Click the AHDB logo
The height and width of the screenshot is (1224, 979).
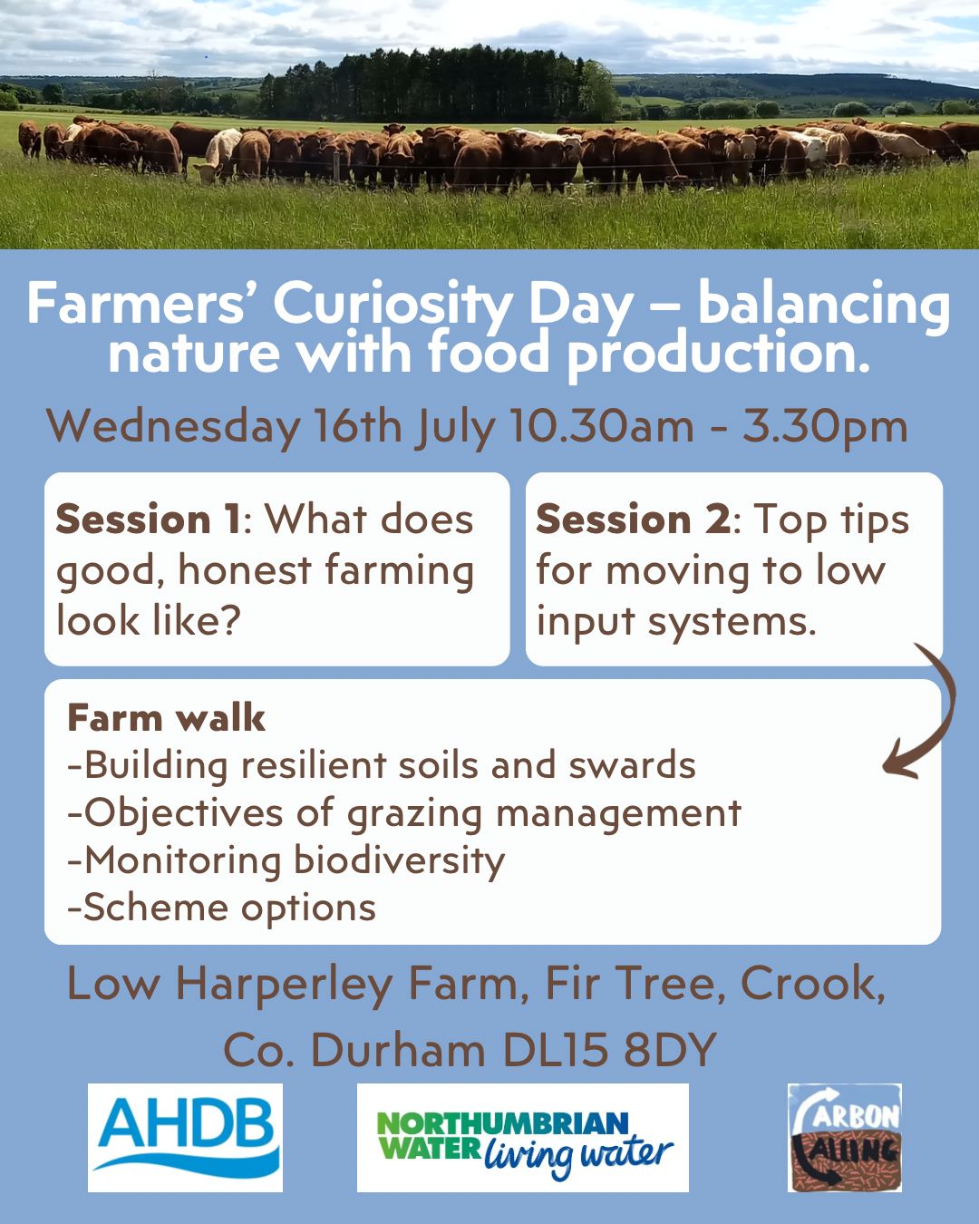click(x=185, y=1138)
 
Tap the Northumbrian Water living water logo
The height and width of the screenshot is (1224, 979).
click(x=523, y=1138)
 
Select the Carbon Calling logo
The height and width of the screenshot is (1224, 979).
click(x=845, y=1138)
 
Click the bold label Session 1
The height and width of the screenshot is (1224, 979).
click(x=149, y=520)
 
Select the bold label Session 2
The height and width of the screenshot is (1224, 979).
click(x=633, y=520)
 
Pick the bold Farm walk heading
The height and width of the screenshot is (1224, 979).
click(x=166, y=718)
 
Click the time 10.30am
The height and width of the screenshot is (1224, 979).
click(x=601, y=425)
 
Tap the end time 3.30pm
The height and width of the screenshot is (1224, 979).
click(x=825, y=425)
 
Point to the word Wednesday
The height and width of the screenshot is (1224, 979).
click(x=173, y=426)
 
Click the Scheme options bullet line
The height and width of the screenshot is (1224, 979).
click(x=222, y=907)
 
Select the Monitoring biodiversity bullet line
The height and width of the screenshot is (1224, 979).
click(x=286, y=860)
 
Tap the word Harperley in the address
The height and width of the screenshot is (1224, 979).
click(x=284, y=986)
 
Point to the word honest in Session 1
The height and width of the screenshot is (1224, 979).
click(x=245, y=570)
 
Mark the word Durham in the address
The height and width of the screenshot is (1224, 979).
click(x=398, y=1050)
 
